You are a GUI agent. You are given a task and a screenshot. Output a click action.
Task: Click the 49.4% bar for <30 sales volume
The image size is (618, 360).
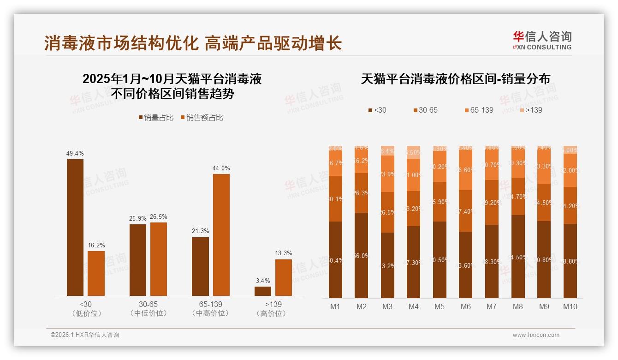coord(75,228)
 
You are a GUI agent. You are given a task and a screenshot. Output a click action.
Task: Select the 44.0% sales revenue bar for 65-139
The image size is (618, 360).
coord(221,235)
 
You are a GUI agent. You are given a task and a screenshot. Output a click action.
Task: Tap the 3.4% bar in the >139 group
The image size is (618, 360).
coord(263,291)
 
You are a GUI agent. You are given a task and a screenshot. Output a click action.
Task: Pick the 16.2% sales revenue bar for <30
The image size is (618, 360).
coord(96,273)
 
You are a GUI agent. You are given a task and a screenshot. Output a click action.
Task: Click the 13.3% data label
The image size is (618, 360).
coord(284,253)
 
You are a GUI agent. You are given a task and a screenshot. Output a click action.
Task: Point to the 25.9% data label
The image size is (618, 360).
coord(137,218)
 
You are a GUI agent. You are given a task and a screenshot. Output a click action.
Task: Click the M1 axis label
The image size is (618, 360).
coord(335,306)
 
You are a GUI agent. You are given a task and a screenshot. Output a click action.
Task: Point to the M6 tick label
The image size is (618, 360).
coord(466,306)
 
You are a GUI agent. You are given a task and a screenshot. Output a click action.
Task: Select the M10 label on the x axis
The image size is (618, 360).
coord(570,306)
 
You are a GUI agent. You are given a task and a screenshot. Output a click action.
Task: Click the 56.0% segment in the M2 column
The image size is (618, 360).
coord(362,255)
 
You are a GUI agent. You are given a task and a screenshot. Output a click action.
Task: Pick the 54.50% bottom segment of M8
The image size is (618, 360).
coord(518,257)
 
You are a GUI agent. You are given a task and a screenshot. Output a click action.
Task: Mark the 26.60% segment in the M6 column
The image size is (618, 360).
coord(466,170)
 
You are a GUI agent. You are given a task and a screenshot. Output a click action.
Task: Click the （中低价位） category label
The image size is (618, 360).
coord(149,313)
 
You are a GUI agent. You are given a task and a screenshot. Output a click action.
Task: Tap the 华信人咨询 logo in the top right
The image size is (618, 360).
coord(542,40)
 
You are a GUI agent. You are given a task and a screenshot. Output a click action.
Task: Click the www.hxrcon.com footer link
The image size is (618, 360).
coord(536,335)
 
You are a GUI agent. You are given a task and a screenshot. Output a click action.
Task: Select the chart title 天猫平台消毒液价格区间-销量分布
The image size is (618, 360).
coord(455,79)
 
